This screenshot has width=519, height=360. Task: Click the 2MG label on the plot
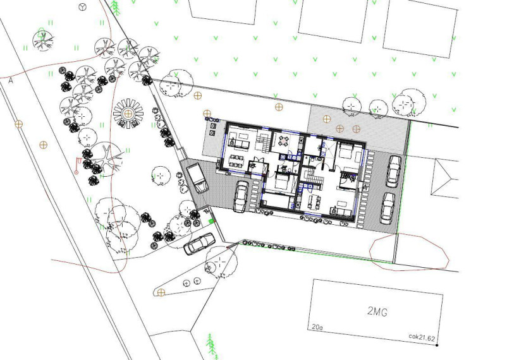[377, 311]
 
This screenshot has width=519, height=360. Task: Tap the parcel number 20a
[317, 327]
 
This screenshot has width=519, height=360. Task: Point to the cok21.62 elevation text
[422, 337]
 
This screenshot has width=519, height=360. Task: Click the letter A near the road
[11, 80]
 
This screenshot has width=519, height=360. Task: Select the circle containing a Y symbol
[83, 6]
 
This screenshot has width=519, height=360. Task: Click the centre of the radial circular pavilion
[128, 114]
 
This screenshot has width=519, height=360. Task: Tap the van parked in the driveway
[197, 179]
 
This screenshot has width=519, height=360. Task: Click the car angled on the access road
[199, 244]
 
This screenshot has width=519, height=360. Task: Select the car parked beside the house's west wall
[241, 196]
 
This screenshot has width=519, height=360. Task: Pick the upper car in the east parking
[394, 172]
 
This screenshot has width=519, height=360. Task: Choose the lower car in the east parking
[388, 208]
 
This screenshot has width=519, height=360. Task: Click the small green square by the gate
[211, 221]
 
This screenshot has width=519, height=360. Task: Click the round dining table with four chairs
[284, 141]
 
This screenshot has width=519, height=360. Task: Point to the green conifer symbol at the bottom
[211, 345]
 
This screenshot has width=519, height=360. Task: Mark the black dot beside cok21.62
[437, 345]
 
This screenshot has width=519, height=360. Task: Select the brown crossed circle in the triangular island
[161, 292]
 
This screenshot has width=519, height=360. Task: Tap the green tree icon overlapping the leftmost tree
[41, 33]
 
